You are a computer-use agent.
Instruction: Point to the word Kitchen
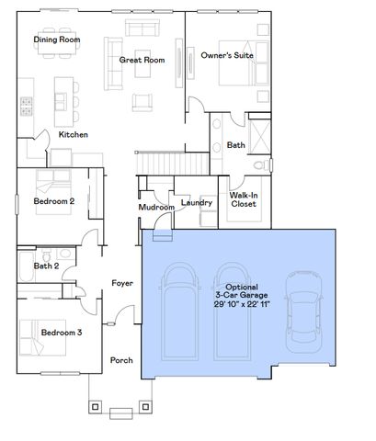coord(74,135)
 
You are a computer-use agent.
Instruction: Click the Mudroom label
coord(156,208)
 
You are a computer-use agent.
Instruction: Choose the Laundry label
coord(197,202)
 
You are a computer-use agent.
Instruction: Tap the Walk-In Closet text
coord(244,199)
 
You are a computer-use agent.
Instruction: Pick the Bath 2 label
coord(46,266)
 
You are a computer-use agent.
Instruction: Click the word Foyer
coord(122,283)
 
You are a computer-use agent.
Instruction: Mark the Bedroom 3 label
coord(58,333)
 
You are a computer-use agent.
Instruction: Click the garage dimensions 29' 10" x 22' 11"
coord(242,303)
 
